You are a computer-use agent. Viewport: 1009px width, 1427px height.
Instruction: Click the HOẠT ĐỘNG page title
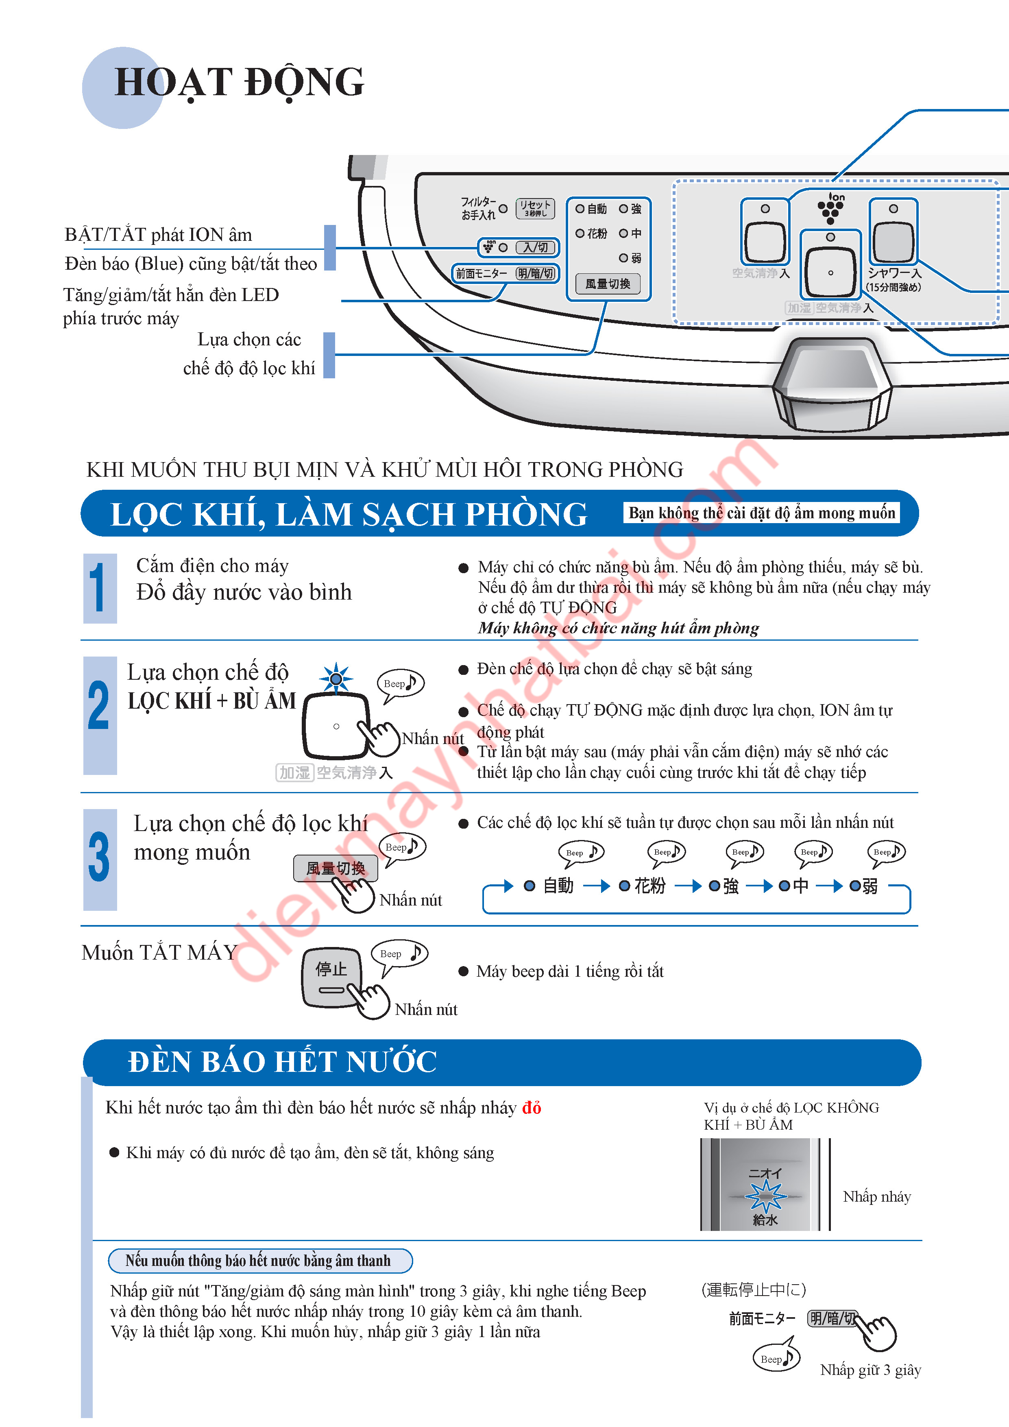pos(239,83)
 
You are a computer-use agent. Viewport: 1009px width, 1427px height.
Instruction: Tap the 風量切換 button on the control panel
pos(607,284)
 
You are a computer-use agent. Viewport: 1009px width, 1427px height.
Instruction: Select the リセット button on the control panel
pos(535,208)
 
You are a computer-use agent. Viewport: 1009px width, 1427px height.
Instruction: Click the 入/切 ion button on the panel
pos(535,247)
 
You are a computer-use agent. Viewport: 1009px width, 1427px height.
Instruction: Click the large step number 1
pos(99,588)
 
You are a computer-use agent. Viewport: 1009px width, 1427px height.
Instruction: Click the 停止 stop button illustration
pos(331,976)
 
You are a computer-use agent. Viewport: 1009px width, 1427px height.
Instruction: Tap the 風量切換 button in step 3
pos(336,868)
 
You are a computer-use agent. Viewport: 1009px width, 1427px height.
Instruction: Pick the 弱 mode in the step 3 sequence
pos(865,886)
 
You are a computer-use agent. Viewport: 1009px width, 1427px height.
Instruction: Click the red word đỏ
pos(531,1108)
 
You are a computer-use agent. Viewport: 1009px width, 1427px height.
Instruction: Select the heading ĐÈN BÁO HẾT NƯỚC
pos(283,1062)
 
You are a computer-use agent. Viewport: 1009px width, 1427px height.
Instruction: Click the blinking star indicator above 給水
pos(765,1195)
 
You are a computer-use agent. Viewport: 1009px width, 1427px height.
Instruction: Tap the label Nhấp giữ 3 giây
pos(870,1370)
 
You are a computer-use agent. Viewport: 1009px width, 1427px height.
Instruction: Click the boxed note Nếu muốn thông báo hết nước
pos(260,1261)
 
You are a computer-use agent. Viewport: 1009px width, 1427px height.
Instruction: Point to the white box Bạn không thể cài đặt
pos(761,513)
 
